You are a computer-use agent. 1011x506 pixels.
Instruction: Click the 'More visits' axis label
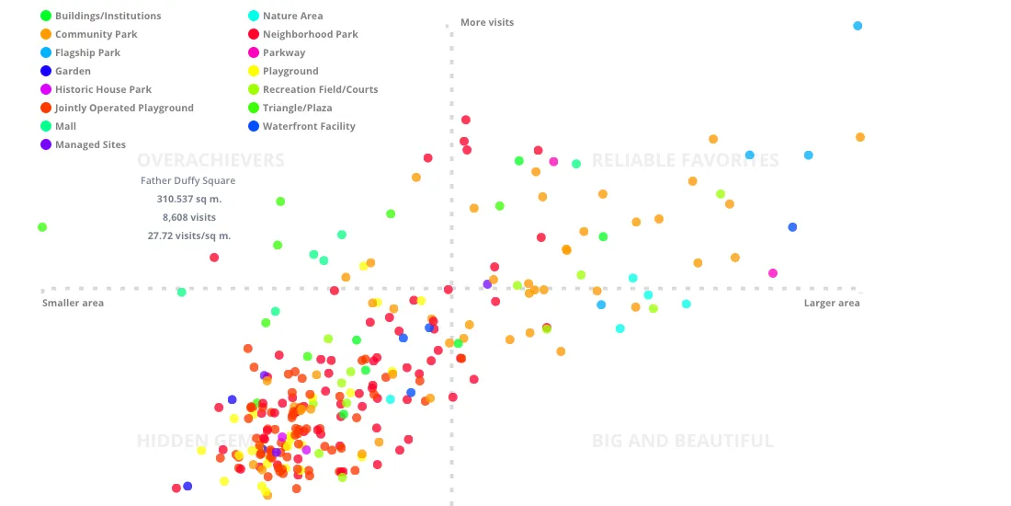(x=487, y=22)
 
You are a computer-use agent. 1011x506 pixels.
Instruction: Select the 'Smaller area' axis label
(x=73, y=303)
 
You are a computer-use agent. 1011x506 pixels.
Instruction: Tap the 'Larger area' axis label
(x=832, y=303)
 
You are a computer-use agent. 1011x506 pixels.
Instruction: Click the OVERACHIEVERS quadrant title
(x=210, y=160)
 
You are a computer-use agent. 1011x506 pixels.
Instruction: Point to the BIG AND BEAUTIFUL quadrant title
(x=683, y=441)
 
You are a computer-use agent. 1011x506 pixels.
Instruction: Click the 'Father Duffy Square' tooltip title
(x=187, y=180)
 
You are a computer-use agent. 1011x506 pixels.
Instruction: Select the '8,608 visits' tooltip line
(x=189, y=217)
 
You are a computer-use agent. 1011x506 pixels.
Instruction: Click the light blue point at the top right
(x=858, y=26)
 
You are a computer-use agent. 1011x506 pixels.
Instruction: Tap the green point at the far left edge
(x=42, y=227)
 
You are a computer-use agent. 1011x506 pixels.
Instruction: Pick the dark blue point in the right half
(x=792, y=227)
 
